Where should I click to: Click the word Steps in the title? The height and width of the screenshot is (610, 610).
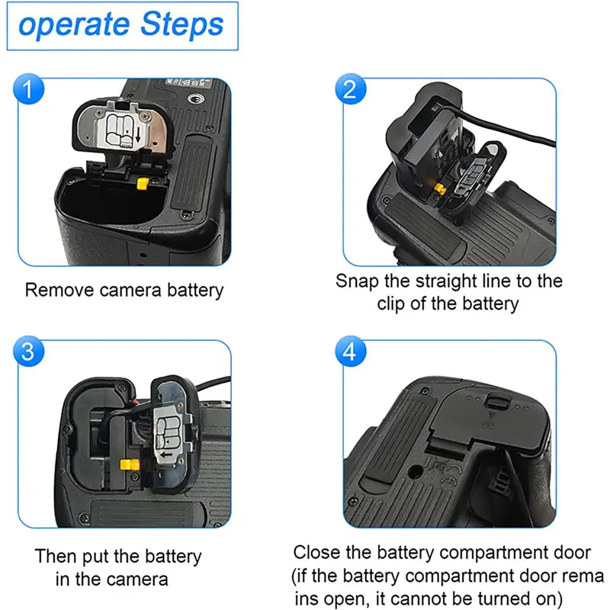pyautogui.click(x=181, y=25)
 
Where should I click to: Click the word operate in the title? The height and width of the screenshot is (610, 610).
pyautogui.click(x=73, y=26)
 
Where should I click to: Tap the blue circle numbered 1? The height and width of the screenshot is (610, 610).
pyautogui.click(x=29, y=89)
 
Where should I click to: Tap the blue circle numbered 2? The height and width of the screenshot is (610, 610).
pyautogui.click(x=351, y=89)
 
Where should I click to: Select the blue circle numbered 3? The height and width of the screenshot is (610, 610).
pyautogui.click(x=29, y=352)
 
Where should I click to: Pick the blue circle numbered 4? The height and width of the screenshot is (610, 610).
pyautogui.click(x=351, y=352)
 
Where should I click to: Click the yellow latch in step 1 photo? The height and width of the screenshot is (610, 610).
pyautogui.click(x=143, y=184)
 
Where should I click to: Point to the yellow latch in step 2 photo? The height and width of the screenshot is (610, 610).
pyautogui.click(x=440, y=188)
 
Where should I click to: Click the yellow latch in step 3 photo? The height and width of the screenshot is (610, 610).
pyautogui.click(x=130, y=464)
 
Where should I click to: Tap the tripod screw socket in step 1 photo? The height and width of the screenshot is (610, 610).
pyautogui.click(x=194, y=99)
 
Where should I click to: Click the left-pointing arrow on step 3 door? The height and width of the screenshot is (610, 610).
pyautogui.click(x=166, y=454)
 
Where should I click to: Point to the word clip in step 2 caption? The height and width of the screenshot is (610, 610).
pyautogui.click(x=392, y=303)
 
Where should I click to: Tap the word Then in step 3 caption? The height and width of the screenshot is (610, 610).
pyautogui.click(x=56, y=557)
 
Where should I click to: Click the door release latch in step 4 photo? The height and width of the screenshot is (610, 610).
pyautogui.click(x=497, y=402)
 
